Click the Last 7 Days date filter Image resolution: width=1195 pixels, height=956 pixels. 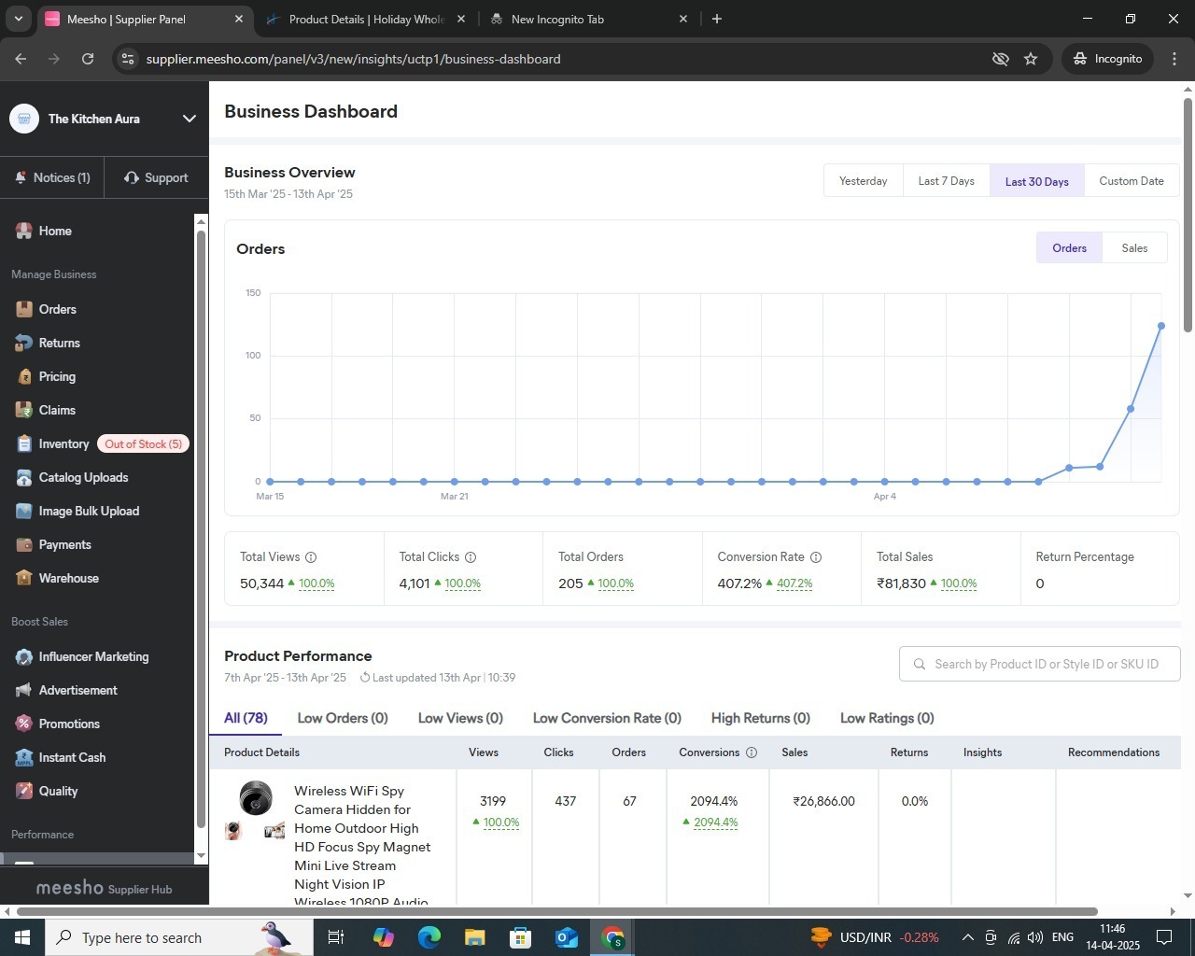pos(946,180)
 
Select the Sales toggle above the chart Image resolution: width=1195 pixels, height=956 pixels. pos(1134,247)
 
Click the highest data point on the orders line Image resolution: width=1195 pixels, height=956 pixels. pos(1160,326)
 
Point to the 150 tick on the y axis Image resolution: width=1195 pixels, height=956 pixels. pos(253,293)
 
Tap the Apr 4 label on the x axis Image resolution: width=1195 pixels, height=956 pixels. pos(884,496)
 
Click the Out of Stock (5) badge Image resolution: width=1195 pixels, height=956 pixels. pos(143,443)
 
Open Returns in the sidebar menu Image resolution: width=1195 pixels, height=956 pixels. pos(59,343)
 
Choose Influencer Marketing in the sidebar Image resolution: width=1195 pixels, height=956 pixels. pos(93,656)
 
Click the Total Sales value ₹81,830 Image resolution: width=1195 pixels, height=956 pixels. pos(901,583)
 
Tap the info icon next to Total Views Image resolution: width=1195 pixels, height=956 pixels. pos(311,557)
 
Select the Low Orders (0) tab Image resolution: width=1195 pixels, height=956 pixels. pos(343,718)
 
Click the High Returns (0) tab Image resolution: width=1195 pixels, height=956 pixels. pos(760,718)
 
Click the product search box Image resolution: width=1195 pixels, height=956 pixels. pos(1039,664)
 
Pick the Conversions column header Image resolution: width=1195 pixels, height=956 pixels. pos(710,752)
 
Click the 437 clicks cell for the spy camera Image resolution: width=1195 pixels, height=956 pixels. pos(566,801)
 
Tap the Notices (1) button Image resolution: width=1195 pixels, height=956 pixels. pos(53,177)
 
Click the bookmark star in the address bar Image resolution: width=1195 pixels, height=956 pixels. pos(1031,59)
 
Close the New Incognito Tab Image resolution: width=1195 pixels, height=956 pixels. pos(683,19)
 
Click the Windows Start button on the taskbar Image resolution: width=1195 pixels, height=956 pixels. pos(21,937)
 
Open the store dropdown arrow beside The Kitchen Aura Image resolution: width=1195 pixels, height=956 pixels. pos(190,119)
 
